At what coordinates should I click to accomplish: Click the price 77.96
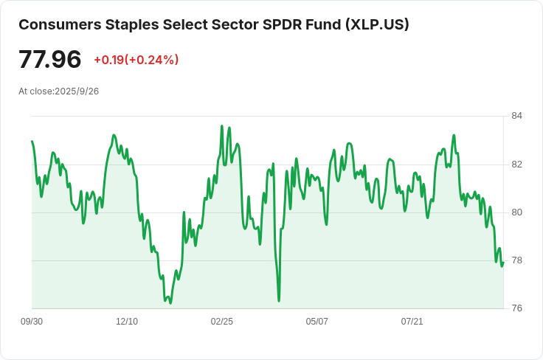click(50, 59)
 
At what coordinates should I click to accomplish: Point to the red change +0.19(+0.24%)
click(136, 60)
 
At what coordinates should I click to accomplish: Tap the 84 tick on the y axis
click(516, 116)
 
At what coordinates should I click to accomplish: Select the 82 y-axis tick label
click(516, 164)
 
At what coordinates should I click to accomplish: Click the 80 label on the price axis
click(516, 212)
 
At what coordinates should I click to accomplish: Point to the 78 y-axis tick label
click(516, 260)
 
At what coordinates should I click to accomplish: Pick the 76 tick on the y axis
click(516, 308)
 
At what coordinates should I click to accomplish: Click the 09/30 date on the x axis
click(32, 322)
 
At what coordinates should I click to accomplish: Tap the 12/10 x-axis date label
click(127, 322)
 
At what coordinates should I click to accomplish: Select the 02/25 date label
click(221, 322)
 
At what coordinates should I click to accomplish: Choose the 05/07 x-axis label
click(317, 322)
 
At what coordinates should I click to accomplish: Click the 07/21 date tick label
click(412, 322)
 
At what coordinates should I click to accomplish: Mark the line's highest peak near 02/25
click(222, 126)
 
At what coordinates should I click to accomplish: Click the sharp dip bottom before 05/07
click(279, 300)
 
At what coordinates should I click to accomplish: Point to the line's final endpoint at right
click(503, 263)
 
